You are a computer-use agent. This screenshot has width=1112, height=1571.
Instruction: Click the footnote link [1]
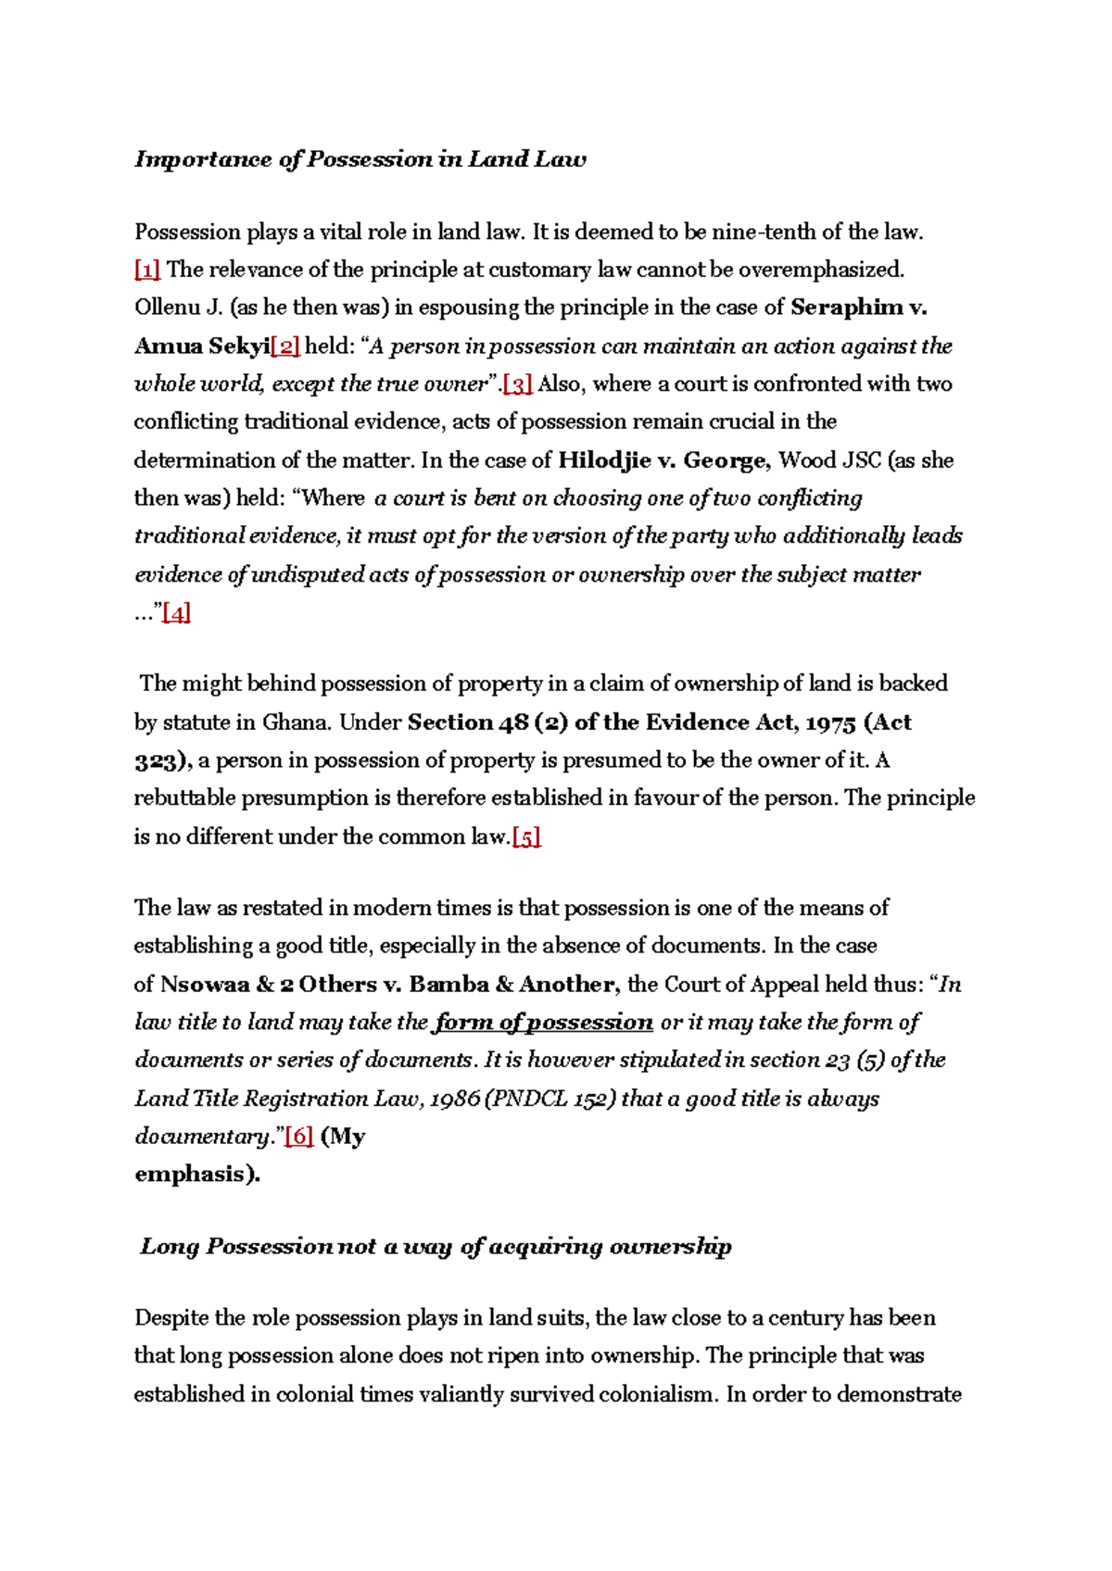coord(147,270)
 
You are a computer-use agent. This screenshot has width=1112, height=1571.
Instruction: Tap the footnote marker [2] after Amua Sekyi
coord(285,346)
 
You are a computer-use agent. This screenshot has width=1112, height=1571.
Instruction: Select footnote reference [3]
coord(517,384)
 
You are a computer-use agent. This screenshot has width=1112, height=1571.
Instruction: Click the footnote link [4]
coord(176,613)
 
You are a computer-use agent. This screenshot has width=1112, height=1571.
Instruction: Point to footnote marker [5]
coord(526,837)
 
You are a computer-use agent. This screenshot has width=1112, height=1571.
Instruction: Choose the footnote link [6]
coord(299,1137)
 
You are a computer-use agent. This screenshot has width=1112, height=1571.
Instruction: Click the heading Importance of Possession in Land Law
coord(360,159)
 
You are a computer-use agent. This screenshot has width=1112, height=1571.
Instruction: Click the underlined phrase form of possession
coord(544,1023)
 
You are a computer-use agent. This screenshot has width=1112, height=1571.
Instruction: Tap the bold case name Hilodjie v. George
coord(663,460)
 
